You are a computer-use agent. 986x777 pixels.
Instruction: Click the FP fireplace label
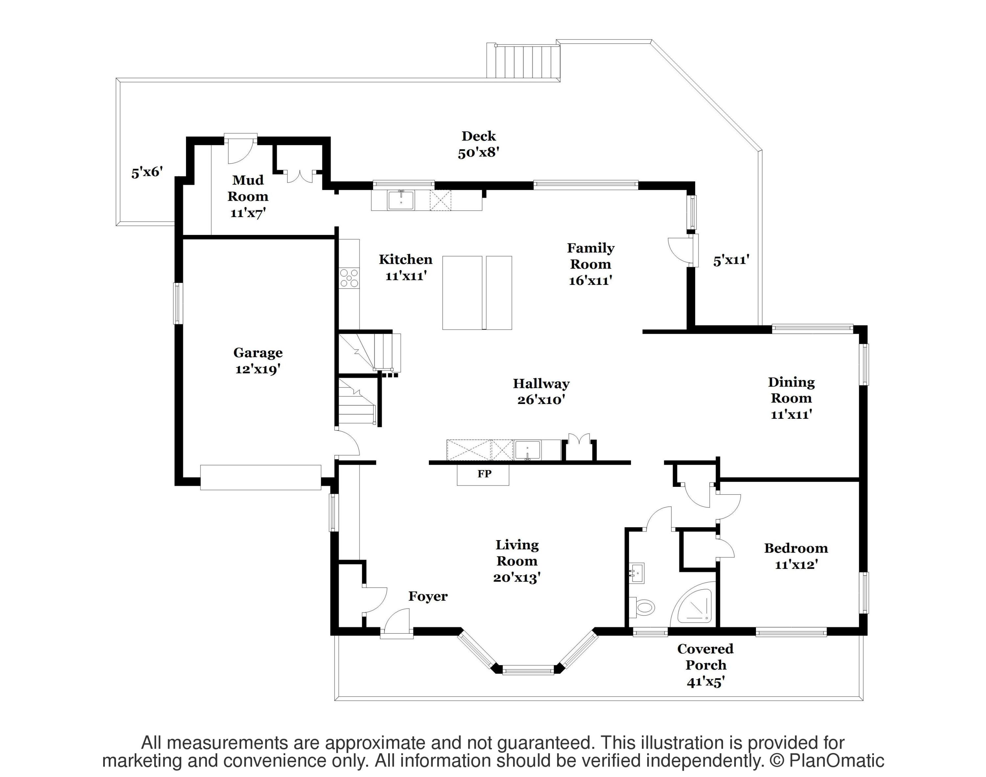click(484, 474)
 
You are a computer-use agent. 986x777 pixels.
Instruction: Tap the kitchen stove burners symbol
click(349, 278)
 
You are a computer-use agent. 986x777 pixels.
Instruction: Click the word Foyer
click(428, 596)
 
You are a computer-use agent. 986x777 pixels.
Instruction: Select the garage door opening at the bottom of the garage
click(261, 477)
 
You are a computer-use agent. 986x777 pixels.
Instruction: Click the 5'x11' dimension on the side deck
click(731, 261)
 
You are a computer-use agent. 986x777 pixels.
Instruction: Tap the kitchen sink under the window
click(401, 200)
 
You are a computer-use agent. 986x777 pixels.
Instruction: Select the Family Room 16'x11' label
click(591, 264)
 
